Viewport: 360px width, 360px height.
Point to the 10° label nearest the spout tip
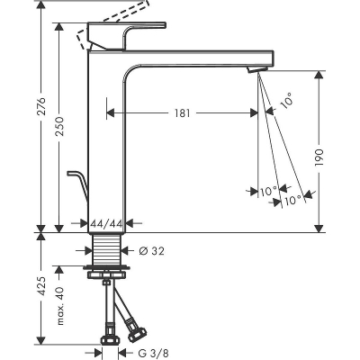[x=285, y=102]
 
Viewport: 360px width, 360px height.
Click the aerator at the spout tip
[x=257, y=69]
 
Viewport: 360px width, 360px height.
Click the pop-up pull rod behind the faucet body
[x=78, y=188]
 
